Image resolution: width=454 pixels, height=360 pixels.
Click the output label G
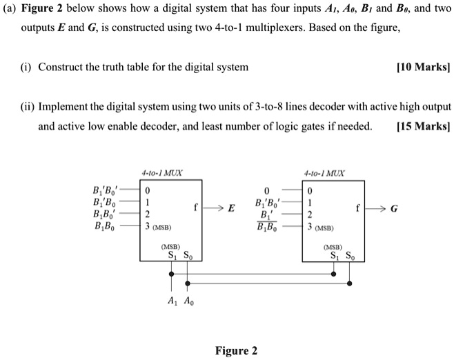click(x=394, y=208)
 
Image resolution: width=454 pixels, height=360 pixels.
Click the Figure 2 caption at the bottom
click(x=236, y=350)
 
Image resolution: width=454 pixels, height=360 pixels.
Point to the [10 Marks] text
click(x=423, y=68)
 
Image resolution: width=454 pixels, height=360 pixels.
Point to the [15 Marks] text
click(x=423, y=126)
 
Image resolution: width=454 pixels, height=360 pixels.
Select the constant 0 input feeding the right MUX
click(x=266, y=191)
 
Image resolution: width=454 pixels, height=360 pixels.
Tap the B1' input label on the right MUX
click(x=266, y=214)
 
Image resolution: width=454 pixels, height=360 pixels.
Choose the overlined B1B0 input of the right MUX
click(x=268, y=226)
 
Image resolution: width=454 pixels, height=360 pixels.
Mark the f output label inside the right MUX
click(x=359, y=208)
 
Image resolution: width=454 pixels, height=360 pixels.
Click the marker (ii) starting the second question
click(x=28, y=108)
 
